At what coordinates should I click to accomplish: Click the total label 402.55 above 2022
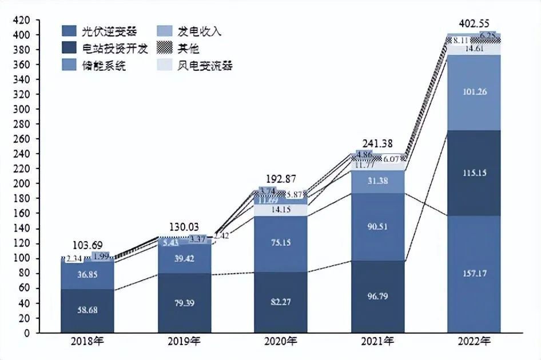click(x=474, y=24)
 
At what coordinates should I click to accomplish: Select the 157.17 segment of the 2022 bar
click(x=474, y=274)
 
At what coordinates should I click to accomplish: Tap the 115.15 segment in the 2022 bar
click(x=474, y=173)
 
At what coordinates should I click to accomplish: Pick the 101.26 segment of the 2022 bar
click(x=474, y=92)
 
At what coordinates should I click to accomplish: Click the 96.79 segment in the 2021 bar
click(x=377, y=297)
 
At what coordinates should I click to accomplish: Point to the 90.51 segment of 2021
click(x=377, y=227)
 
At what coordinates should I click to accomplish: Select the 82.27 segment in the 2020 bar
click(x=280, y=302)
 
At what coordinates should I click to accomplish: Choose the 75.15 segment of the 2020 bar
click(x=280, y=242)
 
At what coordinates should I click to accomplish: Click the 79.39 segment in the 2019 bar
click(x=184, y=303)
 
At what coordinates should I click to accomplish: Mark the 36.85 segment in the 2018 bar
click(x=87, y=275)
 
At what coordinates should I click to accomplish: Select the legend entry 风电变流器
click(x=201, y=66)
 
